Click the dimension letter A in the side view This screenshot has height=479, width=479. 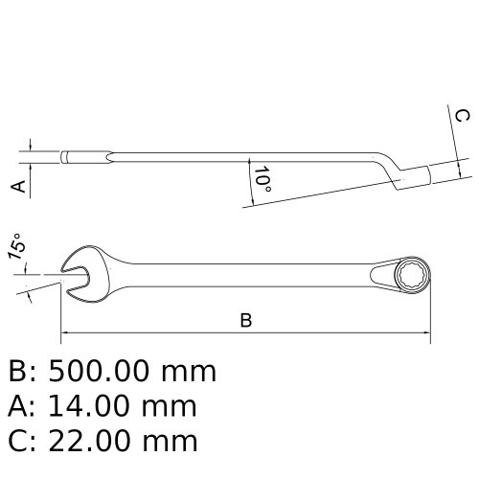click(x=17, y=185)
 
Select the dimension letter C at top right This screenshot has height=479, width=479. click(x=461, y=116)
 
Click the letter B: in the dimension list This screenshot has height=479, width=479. click(x=24, y=371)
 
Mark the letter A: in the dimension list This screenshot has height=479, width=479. click(x=24, y=405)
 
